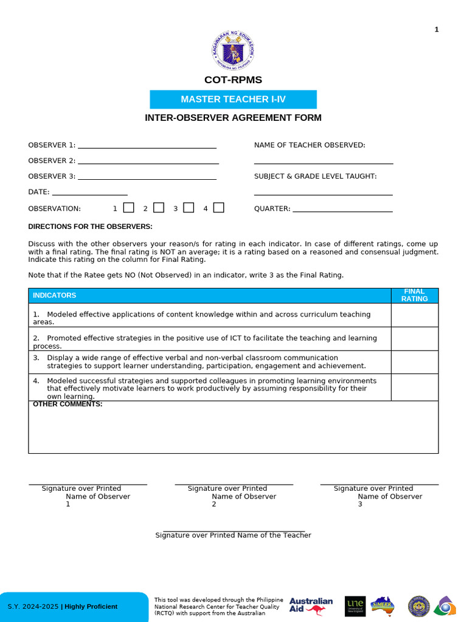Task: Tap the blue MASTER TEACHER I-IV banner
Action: tap(233, 100)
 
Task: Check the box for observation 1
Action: tap(128, 208)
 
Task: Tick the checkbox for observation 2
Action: tap(159, 208)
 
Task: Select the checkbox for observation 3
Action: tap(189, 208)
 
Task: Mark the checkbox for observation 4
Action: tap(219, 208)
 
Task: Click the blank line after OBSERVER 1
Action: tap(147, 147)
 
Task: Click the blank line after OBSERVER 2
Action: tap(148, 163)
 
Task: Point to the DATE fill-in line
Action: tap(90, 194)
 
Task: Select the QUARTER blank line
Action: tap(342, 211)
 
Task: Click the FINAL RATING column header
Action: tap(414, 295)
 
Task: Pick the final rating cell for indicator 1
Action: tap(414, 315)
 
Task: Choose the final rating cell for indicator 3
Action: tap(414, 362)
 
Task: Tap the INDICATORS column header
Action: tap(55, 295)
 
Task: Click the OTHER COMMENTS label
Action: tap(67, 405)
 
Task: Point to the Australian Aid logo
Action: tap(311, 606)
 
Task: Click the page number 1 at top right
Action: tap(437, 30)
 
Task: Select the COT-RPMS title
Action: tap(233, 80)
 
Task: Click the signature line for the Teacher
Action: tap(233, 531)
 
